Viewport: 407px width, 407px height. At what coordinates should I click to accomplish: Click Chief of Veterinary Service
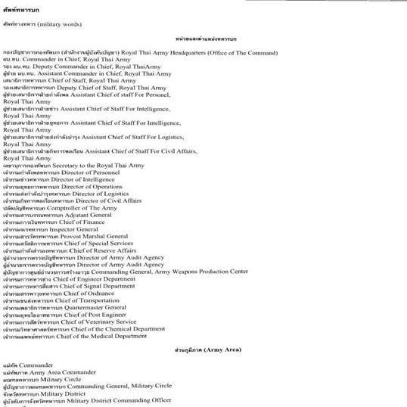pos(101,322)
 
